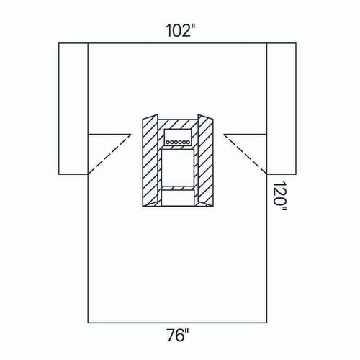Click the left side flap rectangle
click(x=73, y=108)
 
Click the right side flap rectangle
click(x=282, y=108)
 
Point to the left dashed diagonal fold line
click(x=109, y=154)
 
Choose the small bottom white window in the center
click(x=177, y=197)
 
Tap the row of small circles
click(x=177, y=142)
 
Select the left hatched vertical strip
click(x=150, y=162)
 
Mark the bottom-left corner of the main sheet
click(x=88, y=322)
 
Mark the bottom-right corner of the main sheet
click(x=267, y=322)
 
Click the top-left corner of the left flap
click(x=58, y=43)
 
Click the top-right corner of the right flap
click(x=297, y=43)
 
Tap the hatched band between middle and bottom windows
click(x=177, y=186)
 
